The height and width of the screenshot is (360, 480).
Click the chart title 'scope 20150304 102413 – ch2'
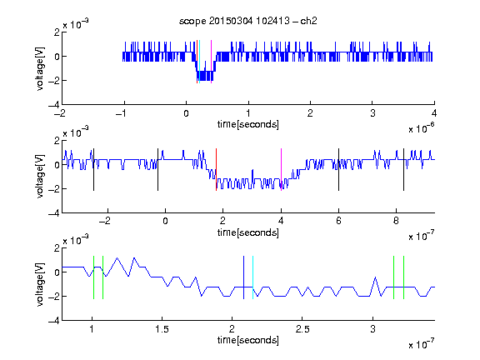(248, 21)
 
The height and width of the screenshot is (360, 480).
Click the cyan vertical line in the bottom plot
(252, 277)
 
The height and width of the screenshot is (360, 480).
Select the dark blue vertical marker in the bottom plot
(243, 277)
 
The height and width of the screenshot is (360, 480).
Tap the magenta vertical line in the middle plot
(281, 170)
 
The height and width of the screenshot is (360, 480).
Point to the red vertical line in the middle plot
(216, 170)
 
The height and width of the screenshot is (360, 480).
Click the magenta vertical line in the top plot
(211, 62)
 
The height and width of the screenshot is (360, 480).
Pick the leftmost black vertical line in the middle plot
(93, 170)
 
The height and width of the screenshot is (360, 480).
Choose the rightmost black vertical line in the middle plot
(403, 170)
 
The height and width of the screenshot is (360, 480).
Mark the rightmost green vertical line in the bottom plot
(404, 277)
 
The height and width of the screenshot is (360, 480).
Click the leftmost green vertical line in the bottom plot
(93, 277)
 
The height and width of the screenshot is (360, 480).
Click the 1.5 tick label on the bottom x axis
(162, 329)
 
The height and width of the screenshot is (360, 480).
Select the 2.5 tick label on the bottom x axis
(302, 329)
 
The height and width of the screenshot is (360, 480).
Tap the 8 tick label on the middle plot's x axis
(396, 221)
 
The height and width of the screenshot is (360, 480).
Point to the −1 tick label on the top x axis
(121, 113)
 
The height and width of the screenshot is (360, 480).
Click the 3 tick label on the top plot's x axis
(372, 113)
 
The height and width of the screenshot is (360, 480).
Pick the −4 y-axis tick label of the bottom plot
(54, 321)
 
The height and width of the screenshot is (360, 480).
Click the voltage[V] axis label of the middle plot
(40, 177)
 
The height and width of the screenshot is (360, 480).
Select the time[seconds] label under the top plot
(248, 124)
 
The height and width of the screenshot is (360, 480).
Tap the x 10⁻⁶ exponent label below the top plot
(422, 128)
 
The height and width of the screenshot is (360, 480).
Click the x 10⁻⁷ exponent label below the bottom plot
(422, 344)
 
